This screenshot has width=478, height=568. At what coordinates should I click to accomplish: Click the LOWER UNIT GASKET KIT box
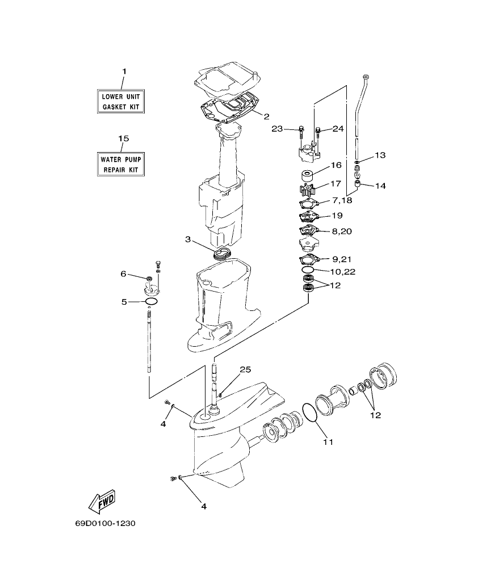119,102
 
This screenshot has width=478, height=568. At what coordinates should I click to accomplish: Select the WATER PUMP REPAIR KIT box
119,165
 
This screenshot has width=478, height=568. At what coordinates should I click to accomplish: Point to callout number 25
245,370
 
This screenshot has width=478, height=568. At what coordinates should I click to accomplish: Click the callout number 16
336,165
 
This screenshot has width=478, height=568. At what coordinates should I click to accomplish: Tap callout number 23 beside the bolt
277,129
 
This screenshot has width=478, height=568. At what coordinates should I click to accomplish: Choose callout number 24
338,129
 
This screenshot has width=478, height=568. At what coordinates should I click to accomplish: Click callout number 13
380,155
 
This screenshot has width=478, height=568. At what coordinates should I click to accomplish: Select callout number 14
380,186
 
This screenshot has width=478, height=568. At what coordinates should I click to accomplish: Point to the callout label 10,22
343,272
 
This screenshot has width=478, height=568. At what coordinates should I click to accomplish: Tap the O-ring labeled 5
151,301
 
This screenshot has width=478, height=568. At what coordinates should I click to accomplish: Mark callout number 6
123,274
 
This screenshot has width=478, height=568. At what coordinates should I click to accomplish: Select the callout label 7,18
342,201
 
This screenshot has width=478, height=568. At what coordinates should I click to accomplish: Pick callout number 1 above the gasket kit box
124,71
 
